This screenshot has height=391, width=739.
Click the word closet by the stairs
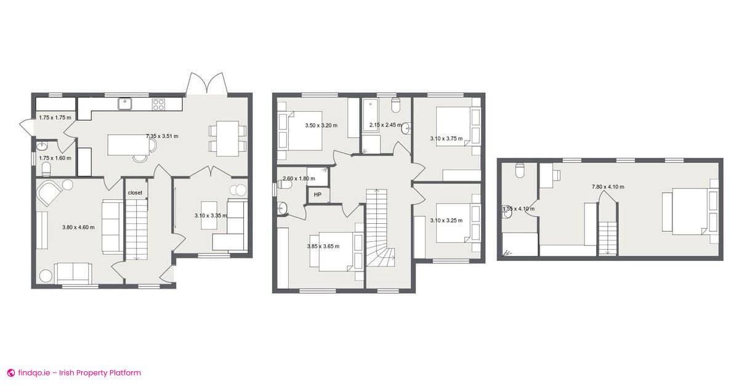click(135, 193)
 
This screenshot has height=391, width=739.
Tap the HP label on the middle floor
click(318, 196)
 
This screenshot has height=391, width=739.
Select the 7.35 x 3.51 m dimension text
click(162, 136)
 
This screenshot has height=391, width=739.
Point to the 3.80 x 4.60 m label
click(78, 228)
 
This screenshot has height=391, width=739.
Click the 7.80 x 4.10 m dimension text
click(608, 187)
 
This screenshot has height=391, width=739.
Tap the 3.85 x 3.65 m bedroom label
click(323, 247)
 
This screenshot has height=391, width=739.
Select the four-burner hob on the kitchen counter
click(158, 104)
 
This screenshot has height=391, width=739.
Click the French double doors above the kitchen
click(207, 84)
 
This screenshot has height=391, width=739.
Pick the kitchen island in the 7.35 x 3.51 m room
click(129, 145)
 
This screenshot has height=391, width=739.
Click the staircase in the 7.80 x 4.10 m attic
click(608, 237)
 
